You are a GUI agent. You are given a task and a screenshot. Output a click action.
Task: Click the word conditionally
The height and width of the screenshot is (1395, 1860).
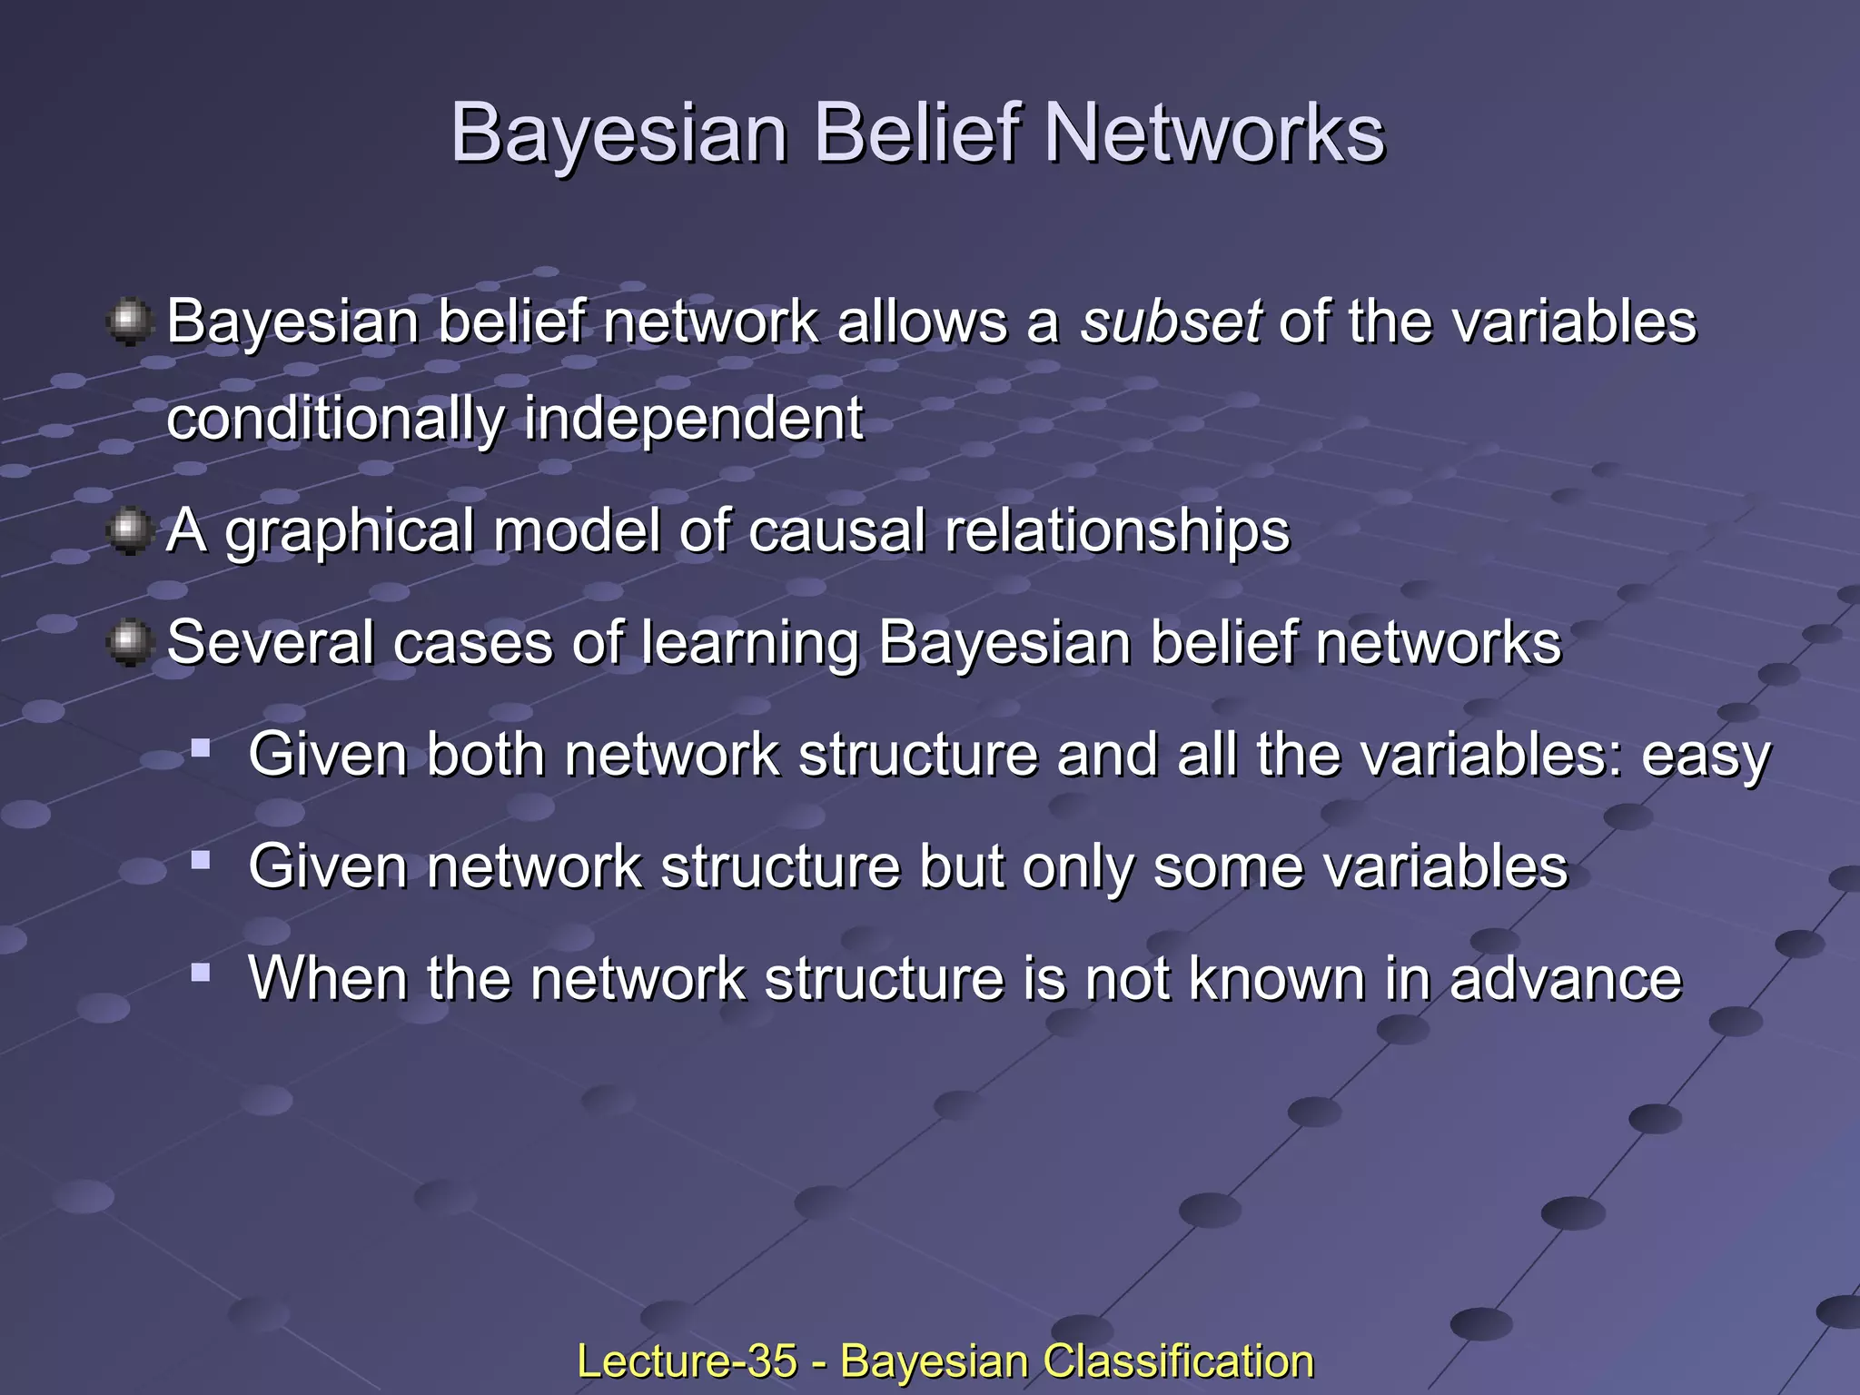pos(335,420)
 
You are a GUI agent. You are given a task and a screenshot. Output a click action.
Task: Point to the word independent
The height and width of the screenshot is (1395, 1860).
pos(693,420)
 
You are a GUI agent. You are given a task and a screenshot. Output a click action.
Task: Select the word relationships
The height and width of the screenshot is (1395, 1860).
pos(1117,531)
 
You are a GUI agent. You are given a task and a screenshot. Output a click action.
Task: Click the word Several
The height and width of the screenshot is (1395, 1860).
pos(271,643)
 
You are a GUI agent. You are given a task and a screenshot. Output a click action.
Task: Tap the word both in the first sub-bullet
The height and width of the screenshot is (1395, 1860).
pos(485,755)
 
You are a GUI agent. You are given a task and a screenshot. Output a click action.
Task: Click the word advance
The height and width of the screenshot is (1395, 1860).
pos(1566,979)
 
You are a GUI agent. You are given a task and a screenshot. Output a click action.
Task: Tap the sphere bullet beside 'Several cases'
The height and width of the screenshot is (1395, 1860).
pos(130,643)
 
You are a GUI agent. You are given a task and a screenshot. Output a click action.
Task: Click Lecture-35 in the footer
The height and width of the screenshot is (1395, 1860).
pos(687,1361)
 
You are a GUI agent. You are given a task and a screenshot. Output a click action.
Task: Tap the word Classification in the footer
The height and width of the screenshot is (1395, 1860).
pos(1178,1361)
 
